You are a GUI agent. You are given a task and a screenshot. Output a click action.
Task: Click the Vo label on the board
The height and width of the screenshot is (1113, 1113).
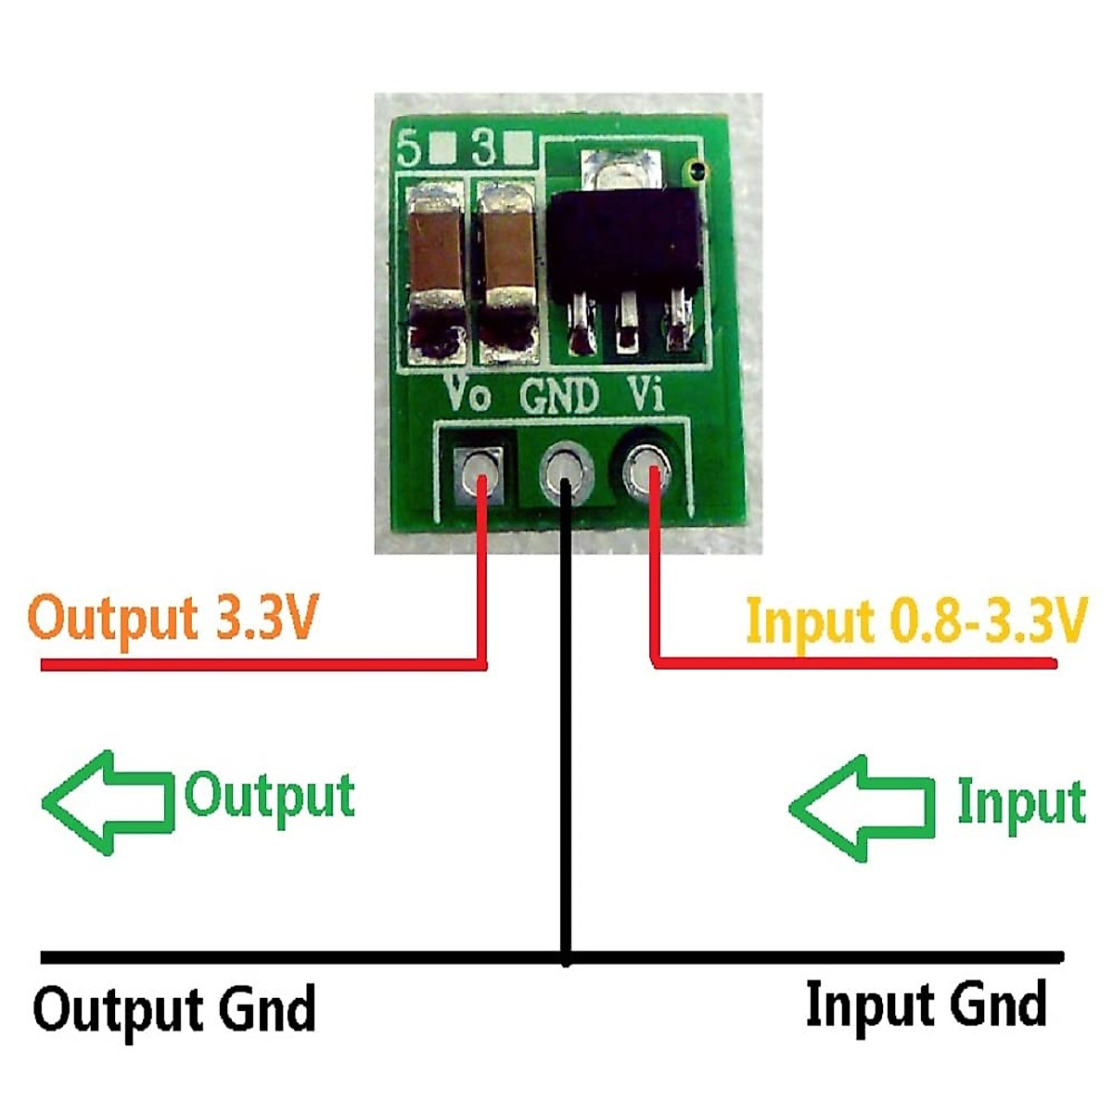click(468, 393)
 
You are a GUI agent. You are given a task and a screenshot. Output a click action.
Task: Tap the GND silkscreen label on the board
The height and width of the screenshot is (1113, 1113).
click(559, 396)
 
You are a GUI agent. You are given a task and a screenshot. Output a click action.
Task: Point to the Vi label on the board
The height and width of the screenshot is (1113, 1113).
click(646, 393)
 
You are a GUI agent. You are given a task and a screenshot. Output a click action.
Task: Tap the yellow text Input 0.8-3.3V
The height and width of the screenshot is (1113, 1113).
click(915, 620)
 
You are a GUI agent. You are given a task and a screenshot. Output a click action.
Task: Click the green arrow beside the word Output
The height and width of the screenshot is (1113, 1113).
click(109, 802)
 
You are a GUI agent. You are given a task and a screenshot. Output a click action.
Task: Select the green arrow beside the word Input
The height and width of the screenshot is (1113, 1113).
click(861, 807)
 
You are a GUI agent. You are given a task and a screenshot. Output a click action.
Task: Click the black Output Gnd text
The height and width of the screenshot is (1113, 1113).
click(174, 1009)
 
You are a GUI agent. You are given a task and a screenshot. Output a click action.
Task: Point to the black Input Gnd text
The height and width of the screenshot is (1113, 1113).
click(927, 1004)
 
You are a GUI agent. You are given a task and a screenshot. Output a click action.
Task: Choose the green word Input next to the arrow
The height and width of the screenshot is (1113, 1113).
click(1020, 803)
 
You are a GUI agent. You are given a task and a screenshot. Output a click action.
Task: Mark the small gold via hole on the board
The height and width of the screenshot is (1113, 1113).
click(694, 170)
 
